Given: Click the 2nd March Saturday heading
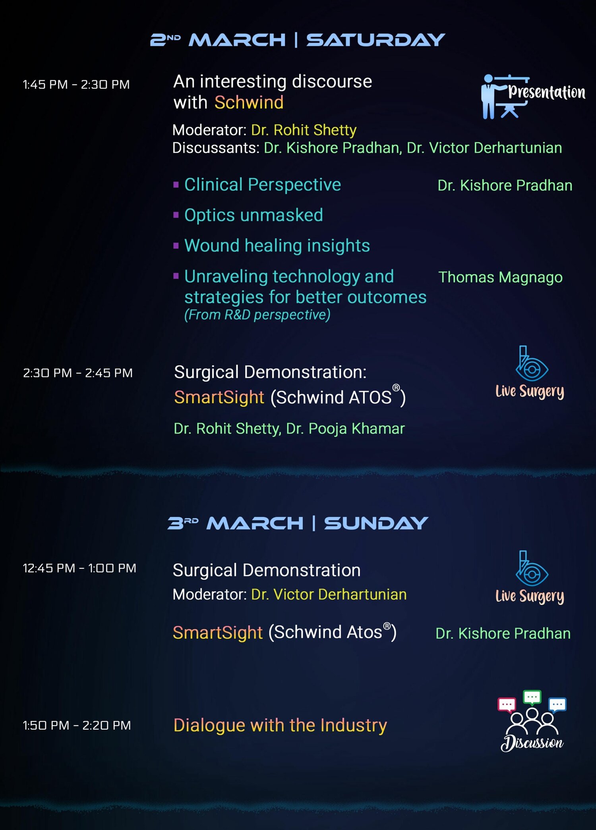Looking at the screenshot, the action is point(298,40).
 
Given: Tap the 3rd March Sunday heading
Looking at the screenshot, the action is point(298,523).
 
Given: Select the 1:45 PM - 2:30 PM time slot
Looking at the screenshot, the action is point(76,85).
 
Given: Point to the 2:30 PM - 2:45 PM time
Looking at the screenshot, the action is point(78,373).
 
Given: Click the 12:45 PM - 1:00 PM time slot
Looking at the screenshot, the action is point(79,568).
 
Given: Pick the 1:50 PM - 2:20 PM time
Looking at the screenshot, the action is point(77,726).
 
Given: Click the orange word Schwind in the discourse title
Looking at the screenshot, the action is point(249,102).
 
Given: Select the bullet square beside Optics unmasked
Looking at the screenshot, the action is point(176,215).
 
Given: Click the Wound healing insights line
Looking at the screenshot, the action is point(277,246).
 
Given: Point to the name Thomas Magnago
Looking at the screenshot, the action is point(500,277).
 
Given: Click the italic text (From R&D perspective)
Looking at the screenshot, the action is point(257,315).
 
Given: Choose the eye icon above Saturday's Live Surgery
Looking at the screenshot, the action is point(531,364).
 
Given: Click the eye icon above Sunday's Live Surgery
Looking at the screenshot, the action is point(531,569).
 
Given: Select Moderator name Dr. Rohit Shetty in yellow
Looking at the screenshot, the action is point(304,130).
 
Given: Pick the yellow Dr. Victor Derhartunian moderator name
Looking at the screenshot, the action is point(329,595).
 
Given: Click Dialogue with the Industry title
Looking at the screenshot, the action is point(280,726).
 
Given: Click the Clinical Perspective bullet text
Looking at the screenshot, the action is point(263,185).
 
